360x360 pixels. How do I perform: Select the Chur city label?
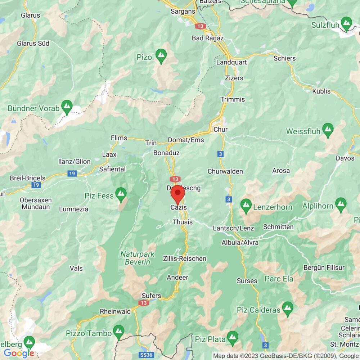tap(220, 129)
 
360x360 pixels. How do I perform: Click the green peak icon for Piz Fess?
tap(121, 194)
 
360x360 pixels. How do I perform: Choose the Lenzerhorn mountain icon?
tap(246, 205)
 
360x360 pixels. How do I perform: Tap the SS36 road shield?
tap(147, 355)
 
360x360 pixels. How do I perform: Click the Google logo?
tap(19, 354)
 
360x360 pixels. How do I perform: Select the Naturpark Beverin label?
tap(138, 258)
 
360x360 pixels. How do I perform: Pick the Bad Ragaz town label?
tap(208, 38)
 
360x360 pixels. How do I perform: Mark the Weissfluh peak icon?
tap(328, 130)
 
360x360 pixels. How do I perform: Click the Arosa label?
tap(281, 171)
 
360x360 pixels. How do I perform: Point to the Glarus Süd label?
tap(33, 43)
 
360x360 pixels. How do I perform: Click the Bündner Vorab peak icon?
tap(66, 106)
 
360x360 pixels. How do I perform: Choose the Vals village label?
tap(77, 268)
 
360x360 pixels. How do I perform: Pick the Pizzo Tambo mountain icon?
tap(118, 331)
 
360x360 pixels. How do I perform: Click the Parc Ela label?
tap(279, 279)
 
